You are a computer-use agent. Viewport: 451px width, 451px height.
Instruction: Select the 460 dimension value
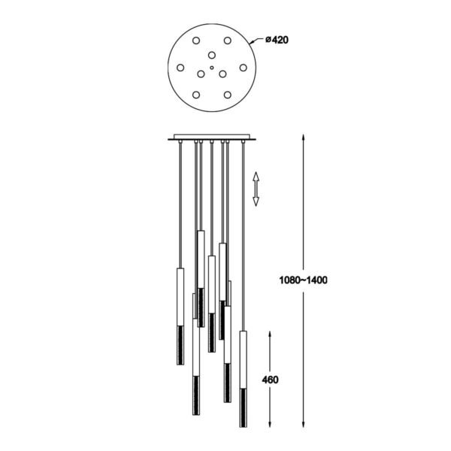tap(271, 380)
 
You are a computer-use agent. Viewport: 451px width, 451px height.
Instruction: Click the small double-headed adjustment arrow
tap(256, 189)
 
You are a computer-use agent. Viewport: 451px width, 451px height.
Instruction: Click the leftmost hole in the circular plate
tap(180, 68)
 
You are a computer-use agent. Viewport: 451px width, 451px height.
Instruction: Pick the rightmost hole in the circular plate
tap(244, 68)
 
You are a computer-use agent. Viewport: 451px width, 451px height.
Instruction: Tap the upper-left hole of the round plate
tap(196, 41)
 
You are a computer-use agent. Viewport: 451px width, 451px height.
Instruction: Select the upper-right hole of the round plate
tap(228, 41)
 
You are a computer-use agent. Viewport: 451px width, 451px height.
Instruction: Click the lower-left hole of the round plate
tap(196, 95)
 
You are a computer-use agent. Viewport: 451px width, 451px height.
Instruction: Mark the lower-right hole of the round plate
tap(228, 95)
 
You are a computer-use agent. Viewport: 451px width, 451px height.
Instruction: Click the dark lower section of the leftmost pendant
tap(179, 344)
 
